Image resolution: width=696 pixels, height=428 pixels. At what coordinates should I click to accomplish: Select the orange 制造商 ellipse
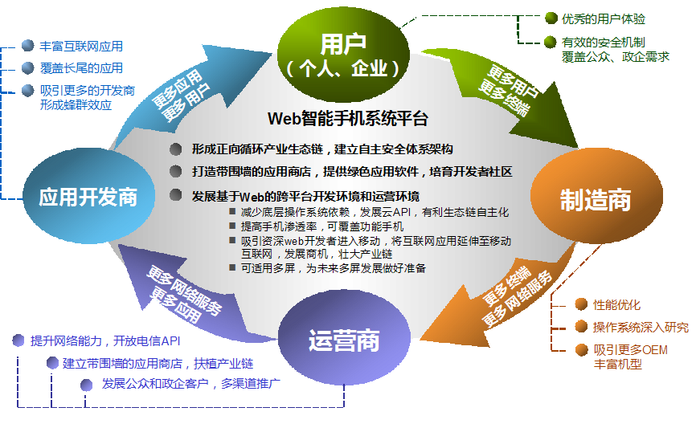coord(596,197)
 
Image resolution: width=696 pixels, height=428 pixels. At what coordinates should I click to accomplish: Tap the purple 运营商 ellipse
coord(344,338)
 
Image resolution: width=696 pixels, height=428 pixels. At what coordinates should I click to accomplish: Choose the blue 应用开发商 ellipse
coord(88,196)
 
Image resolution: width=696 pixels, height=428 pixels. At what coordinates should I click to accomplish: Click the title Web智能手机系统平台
coord(347,118)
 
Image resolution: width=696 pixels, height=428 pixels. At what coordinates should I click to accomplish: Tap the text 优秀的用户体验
coord(604,19)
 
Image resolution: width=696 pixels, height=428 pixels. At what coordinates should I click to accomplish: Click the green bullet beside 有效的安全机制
coord(551,42)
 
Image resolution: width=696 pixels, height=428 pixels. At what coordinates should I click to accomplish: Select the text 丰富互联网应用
coord(81,46)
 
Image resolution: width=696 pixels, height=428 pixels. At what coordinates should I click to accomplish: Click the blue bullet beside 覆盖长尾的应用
coord(28,68)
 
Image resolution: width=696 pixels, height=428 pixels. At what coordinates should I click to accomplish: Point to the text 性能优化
coord(617,304)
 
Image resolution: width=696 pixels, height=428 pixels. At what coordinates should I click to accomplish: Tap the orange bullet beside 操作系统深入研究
coord(582,327)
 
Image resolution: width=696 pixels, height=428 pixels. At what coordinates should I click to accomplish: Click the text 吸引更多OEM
coord(631,350)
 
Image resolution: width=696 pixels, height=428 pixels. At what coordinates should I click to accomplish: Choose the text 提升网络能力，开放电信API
coord(105,341)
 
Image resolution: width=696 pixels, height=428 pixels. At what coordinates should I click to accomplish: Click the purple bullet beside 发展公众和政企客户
coord(87,385)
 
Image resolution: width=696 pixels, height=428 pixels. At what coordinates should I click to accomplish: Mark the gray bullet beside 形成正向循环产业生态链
coord(176,149)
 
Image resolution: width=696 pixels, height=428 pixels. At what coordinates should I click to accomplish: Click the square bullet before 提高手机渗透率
coord(232,226)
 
